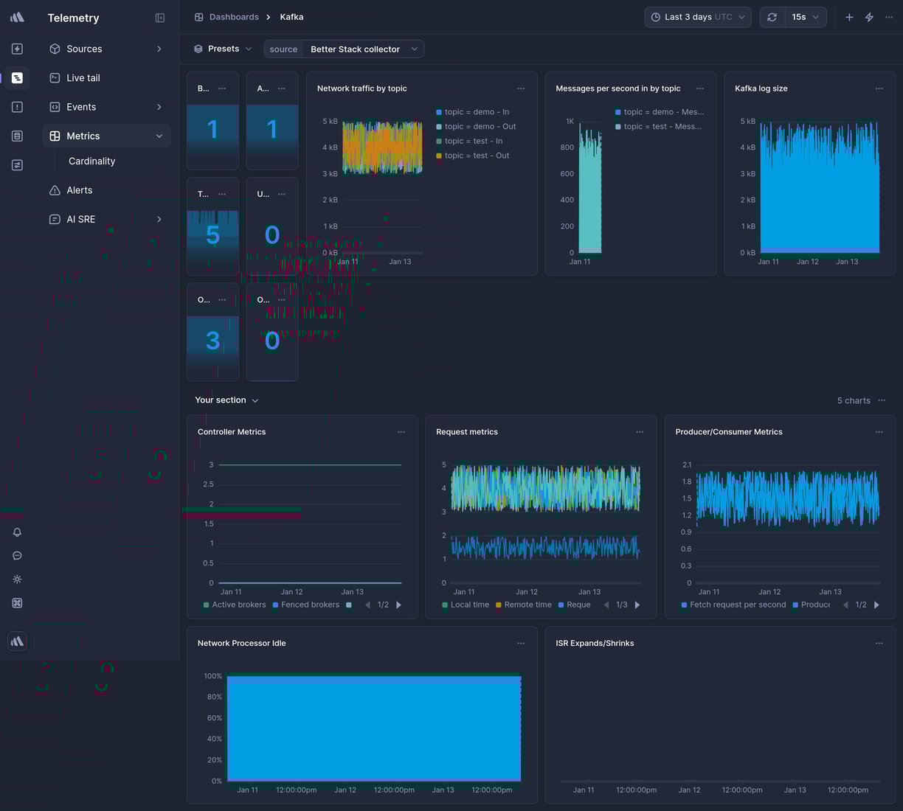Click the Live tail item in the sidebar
tap(83, 78)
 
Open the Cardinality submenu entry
tap(91, 161)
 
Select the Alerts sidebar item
tap(79, 190)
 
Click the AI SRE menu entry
tap(80, 220)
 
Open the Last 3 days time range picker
tap(697, 17)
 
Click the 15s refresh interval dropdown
tap(804, 17)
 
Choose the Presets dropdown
tap(223, 49)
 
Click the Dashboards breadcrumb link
tap(233, 17)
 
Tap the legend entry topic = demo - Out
tap(480, 127)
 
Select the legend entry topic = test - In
tap(473, 142)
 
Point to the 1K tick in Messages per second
tap(570, 122)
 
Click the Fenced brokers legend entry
tap(309, 605)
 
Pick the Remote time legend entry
tap(527, 605)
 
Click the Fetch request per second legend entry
tap(737, 605)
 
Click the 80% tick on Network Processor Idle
tap(214, 697)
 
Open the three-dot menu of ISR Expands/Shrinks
tap(879, 644)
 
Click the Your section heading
tap(221, 400)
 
